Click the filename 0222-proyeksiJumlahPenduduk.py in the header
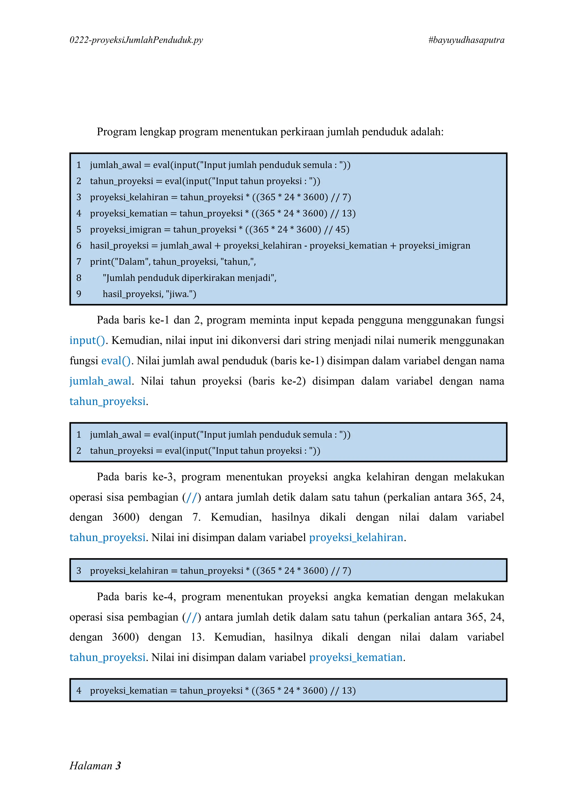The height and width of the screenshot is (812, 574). [136, 40]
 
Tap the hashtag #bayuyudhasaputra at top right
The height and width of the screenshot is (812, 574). [466, 40]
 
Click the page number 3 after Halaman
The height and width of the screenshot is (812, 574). [118, 765]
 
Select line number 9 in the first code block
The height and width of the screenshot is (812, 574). [79, 294]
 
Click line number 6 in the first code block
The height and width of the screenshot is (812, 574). [79, 245]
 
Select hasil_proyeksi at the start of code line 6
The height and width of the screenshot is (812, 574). [119, 245]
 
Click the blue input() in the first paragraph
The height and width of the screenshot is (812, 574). [87, 340]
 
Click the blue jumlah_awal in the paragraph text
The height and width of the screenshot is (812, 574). [100, 381]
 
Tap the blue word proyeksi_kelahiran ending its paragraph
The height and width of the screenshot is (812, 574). [356, 538]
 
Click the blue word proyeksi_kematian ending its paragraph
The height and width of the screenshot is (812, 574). [356, 658]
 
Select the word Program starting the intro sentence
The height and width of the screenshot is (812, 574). [117, 132]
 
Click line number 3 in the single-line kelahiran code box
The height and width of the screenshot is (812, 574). [79, 571]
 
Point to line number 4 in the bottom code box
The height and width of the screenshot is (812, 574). [79, 690]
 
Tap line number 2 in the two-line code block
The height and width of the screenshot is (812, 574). [79, 451]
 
